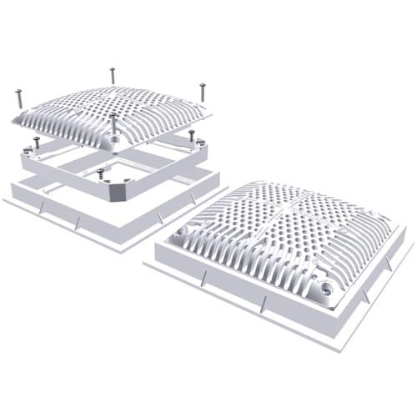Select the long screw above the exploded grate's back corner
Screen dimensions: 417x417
(x=113, y=76)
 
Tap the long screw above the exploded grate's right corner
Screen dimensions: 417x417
(x=201, y=91)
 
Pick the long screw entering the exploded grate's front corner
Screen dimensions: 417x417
(x=113, y=125)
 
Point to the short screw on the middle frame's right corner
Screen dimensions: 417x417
(x=191, y=134)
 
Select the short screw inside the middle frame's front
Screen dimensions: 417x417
(x=101, y=174)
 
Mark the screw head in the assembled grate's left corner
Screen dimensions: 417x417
(x=180, y=229)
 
